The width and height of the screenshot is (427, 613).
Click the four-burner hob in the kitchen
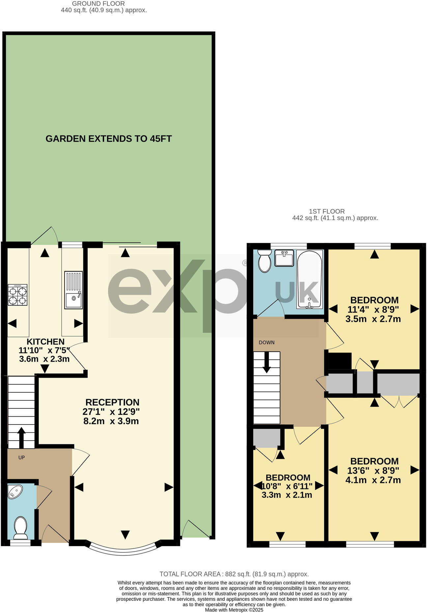tap(17, 296)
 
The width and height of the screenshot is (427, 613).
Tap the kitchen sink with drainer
tap(73, 290)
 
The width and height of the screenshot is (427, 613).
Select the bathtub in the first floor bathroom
tap(309, 279)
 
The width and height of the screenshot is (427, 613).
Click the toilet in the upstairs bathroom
tap(264, 261)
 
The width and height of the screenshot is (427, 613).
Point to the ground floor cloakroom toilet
tap(21, 527)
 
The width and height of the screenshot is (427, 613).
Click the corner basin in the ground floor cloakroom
tap(15, 491)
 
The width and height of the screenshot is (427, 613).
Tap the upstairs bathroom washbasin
tap(284, 258)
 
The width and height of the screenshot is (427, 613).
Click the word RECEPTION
tap(112, 402)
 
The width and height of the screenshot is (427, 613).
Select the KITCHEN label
tap(45, 341)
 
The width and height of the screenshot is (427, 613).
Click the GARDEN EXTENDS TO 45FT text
tap(109, 139)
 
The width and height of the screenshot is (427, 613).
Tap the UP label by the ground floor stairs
tap(21, 457)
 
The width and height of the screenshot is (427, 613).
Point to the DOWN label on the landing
tap(267, 342)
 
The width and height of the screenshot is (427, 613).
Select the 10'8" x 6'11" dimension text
tap(287, 486)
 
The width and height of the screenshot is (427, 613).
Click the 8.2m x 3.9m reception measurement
tap(111, 421)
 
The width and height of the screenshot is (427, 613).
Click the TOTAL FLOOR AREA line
tap(234, 574)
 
